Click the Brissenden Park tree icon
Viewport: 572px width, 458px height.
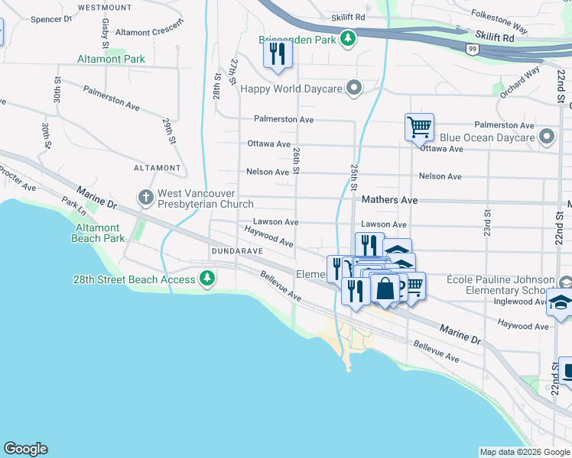[x=349, y=38]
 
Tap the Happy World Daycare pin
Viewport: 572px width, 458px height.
[x=354, y=88]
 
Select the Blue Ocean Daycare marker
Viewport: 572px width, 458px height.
[x=546, y=137]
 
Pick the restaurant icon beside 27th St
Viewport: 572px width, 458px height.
[x=277, y=54]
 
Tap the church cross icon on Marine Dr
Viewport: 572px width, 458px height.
[x=145, y=198]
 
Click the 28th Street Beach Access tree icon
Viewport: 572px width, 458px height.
[x=206, y=279]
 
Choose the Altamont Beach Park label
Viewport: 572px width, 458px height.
[x=98, y=233]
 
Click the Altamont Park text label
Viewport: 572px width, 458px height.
[x=111, y=59]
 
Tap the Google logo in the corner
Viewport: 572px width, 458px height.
[x=25, y=449]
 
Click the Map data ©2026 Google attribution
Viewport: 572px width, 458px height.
[x=525, y=452]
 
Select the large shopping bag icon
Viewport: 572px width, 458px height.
[x=386, y=289]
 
